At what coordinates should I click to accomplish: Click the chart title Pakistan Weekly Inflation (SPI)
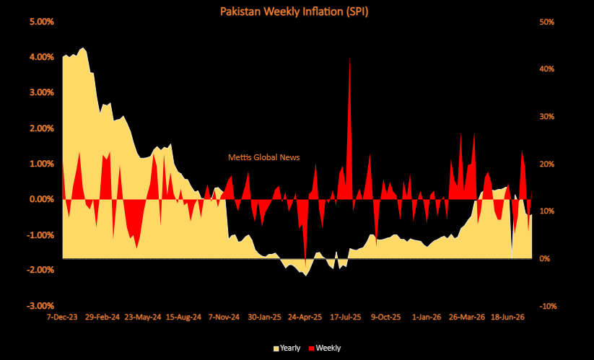294,12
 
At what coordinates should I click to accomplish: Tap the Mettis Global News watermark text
263,157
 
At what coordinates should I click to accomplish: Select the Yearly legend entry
287,348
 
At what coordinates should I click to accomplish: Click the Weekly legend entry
325,348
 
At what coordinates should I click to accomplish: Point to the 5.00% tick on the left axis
42,22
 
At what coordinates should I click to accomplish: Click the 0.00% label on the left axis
42,199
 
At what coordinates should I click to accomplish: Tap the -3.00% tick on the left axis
40,306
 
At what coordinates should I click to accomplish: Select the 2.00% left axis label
42,128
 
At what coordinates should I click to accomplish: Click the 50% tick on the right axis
546,22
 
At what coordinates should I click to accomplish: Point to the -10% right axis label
547,306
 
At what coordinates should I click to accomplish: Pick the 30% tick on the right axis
546,117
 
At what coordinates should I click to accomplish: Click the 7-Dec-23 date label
62,317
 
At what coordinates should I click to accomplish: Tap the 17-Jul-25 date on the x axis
346,317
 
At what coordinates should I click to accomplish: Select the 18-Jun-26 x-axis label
507,317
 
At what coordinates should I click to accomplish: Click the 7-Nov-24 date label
224,317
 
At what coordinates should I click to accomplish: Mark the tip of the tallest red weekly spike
349,57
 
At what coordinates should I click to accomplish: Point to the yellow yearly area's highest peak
83,48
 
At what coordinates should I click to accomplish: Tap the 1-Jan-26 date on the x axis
427,317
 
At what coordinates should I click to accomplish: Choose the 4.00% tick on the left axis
42,57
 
